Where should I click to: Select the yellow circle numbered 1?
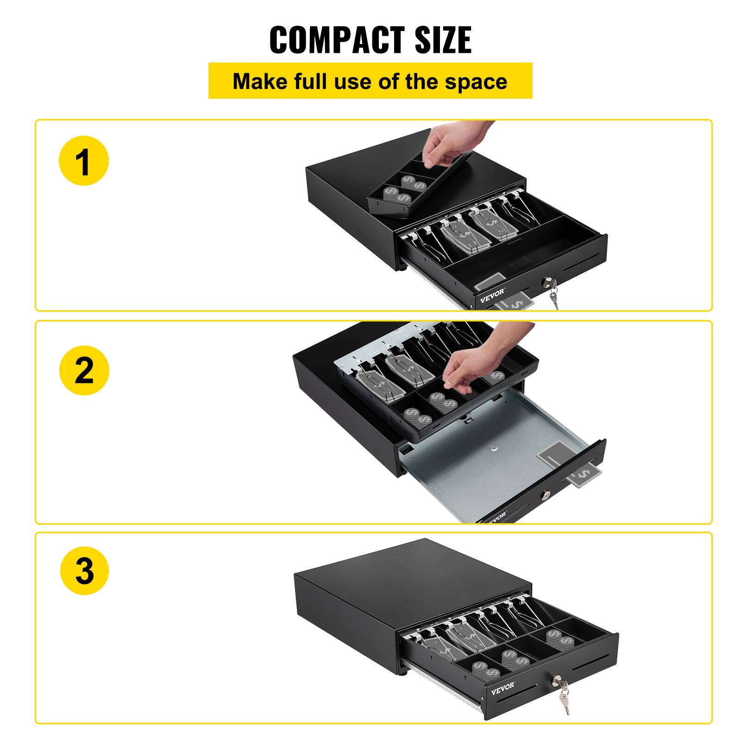(83, 160)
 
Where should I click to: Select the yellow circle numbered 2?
(84, 370)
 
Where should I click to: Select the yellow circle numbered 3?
(84, 570)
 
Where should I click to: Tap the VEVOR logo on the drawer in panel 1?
(492, 296)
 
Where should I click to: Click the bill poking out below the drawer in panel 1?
(514, 303)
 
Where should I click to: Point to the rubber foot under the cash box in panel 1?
(404, 268)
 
